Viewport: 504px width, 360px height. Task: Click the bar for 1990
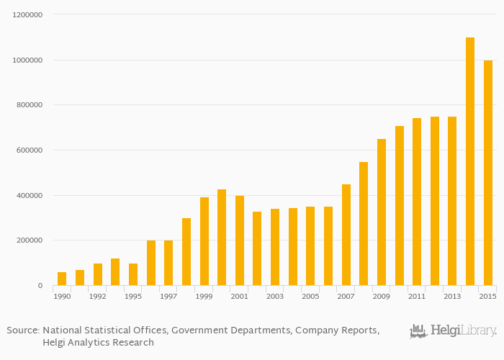click(62, 279)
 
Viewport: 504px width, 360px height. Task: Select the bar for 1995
click(133, 274)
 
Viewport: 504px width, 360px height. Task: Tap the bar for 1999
click(204, 241)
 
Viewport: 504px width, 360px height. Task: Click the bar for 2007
click(346, 235)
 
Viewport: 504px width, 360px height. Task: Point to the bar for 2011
click(417, 202)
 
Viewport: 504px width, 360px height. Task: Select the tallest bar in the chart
click(470, 161)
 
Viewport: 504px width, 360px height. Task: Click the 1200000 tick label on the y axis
click(27, 15)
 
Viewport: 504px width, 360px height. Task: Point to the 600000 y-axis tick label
click(30, 150)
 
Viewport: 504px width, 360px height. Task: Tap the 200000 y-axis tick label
click(30, 240)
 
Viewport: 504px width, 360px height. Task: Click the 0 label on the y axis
click(41, 286)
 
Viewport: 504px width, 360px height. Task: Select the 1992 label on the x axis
click(97, 297)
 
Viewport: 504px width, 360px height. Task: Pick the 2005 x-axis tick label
click(310, 297)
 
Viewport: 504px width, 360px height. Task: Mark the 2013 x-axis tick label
click(452, 297)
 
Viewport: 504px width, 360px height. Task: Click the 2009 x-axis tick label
click(382, 297)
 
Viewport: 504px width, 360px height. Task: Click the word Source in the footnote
click(22, 330)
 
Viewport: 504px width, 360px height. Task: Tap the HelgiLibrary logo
click(453, 331)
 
